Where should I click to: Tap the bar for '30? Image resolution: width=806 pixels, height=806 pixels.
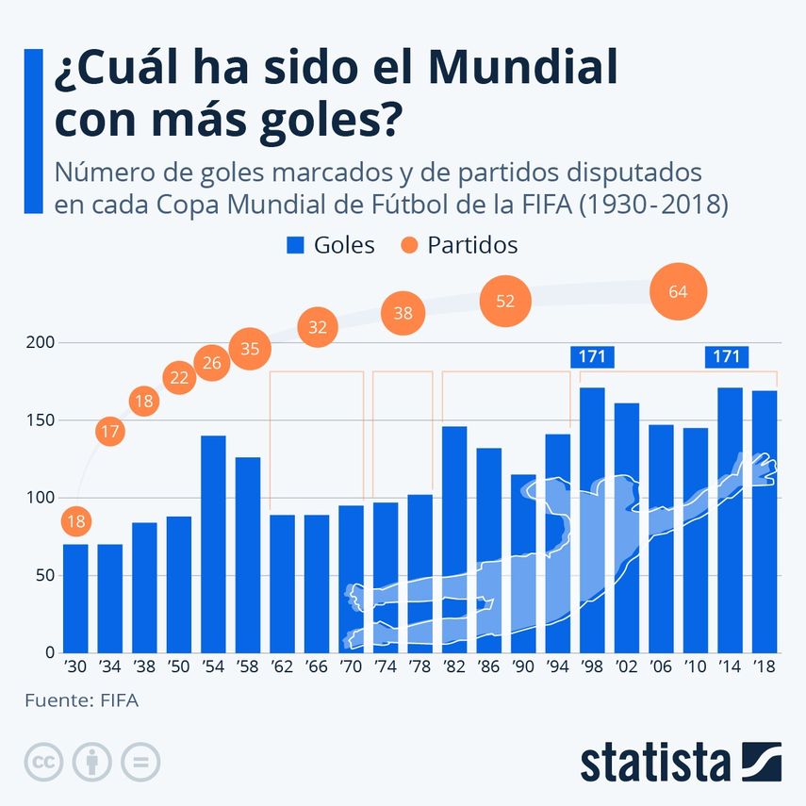point(76,598)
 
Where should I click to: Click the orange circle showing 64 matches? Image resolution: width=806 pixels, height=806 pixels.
point(678,291)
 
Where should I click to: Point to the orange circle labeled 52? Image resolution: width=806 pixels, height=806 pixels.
point(505,301)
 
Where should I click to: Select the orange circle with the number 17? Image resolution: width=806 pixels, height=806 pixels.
point(109,433)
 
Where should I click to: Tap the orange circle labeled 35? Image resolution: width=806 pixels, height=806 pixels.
point(250,349)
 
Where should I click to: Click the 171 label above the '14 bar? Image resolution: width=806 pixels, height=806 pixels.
point(727,356)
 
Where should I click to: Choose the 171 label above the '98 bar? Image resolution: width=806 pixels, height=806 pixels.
point(592,356)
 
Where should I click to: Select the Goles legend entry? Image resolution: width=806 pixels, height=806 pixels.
point(331,245)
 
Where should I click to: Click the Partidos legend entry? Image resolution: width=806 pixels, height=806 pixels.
point(458,245)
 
